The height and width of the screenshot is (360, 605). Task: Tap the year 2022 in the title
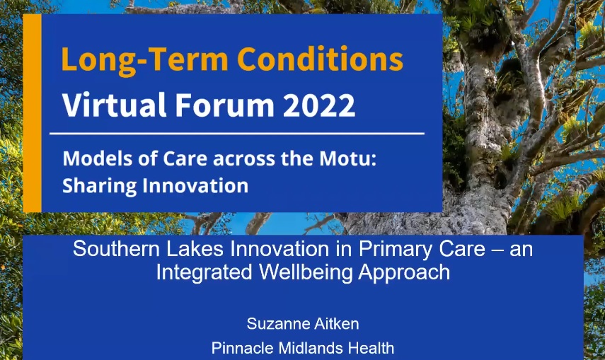pyautogui.click(x=318, y=105)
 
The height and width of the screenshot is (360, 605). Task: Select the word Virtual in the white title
pyautogui.click(x=115, y=104)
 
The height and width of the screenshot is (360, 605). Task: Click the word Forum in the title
pyautogui.click(x=224, y=105)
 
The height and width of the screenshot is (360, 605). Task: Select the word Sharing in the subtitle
pyautogui.click(x=99, y=186)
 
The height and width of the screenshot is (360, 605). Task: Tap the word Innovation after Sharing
pyautogui.click(x=195, y=185)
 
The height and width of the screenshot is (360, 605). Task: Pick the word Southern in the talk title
pyautogui.click(x=116, y=248)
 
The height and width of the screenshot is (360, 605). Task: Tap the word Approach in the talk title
pyautogui.click(x=404, y=273)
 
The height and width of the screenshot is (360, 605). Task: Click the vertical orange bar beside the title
pyautogui.click(x=32, y=113)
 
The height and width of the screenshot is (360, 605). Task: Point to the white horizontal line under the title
pyautogui.click(x=237, y=134)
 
